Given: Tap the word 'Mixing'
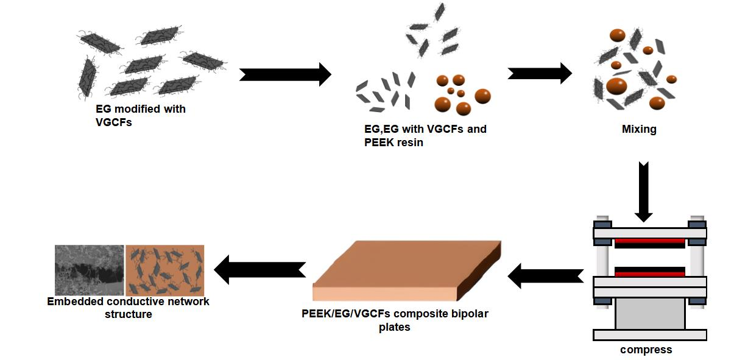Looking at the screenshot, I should point(638,129).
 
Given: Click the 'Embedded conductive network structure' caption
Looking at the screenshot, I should point(128,308).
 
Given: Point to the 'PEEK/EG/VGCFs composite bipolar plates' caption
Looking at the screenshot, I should point(395,320).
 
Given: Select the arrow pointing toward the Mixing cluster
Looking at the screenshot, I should point(540,74).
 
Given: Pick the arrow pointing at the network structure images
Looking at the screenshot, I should point(259,269).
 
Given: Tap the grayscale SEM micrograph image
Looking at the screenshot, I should point(89,270).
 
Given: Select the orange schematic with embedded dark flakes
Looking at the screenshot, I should point(164,270).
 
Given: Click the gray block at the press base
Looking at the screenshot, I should point(649,313).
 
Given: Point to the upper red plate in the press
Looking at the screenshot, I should point(649,241).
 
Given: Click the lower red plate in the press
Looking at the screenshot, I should point(649,274).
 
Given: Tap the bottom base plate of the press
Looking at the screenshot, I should point(649,334).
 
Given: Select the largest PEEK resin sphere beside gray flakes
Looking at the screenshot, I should point(482,96).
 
